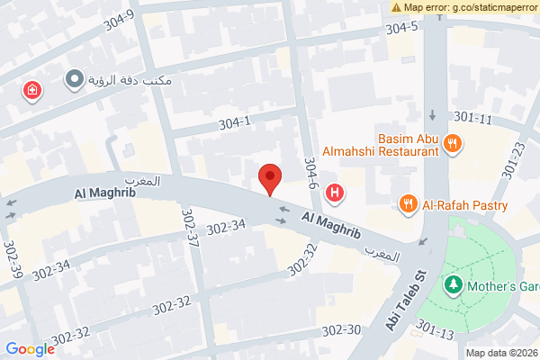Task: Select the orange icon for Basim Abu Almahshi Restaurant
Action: point(454,142)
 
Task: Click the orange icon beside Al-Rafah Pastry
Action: point(409,203)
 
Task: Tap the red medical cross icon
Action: point(32,90)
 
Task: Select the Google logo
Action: point(30,349)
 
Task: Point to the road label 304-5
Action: point(402,28)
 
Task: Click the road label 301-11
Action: point(473,118)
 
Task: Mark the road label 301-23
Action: point(514,158)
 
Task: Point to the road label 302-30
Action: point(341,330)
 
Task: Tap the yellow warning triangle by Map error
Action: point(397,7)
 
